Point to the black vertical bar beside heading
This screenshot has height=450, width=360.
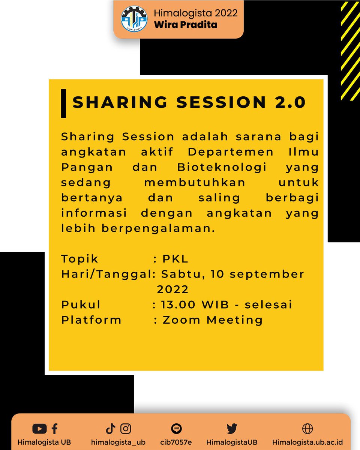click(x=63, y=103)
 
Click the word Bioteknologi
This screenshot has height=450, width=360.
click(x=222, y=167)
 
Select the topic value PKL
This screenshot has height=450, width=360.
click(x=175, y=259)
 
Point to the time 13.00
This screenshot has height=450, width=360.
click(x=178, y=304)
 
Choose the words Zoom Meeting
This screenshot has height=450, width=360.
click(x=213, y=320)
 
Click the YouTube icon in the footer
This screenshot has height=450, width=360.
click(x=39, y=429)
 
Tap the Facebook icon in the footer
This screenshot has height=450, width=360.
click(x=54, y=429)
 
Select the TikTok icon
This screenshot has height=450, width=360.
click(x=110, y=429)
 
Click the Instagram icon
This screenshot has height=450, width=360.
click(x=126, y=429)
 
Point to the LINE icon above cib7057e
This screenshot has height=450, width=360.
click(x=176, y=429)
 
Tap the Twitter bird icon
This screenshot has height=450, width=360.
click(x=232, y=429)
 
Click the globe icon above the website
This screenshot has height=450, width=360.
click(x=307, y=429)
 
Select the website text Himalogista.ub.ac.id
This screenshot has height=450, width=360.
click(x=307, y=442)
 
